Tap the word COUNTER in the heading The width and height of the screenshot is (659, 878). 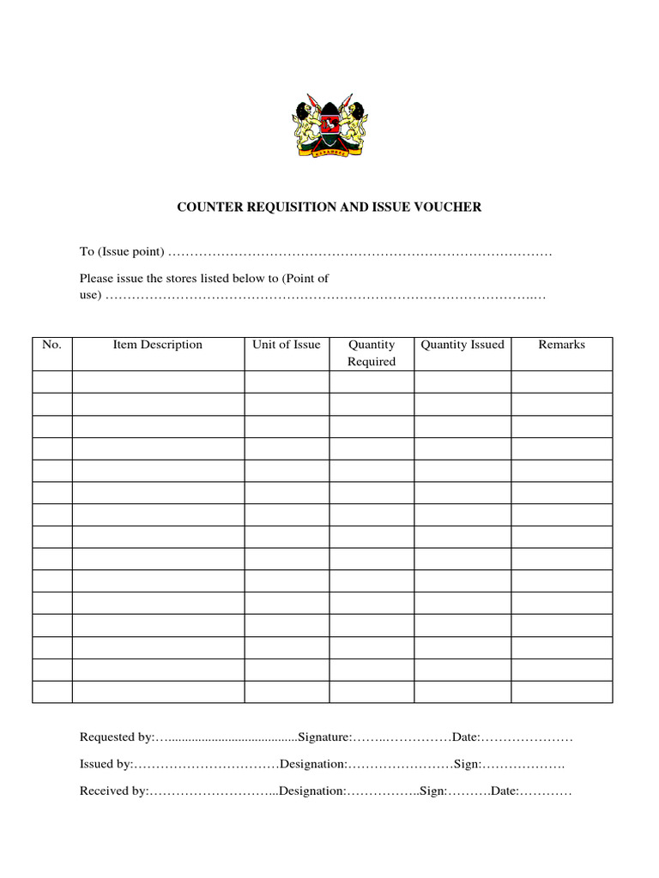209,207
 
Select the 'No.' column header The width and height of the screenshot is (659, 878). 51,345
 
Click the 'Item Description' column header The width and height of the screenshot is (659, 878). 158,345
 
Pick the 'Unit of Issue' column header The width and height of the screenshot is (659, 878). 286,345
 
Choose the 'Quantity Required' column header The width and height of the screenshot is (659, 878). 372,353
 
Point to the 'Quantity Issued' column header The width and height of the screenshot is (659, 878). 463,345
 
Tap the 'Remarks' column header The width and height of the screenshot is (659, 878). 561,345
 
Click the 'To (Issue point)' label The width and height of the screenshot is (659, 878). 121,252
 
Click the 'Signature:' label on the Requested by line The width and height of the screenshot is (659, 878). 324,737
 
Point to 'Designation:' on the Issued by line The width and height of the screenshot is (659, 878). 313,764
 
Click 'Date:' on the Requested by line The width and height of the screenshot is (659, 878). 467,737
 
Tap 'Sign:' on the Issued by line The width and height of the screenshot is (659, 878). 468,764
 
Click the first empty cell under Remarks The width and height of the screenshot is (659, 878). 561,382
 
